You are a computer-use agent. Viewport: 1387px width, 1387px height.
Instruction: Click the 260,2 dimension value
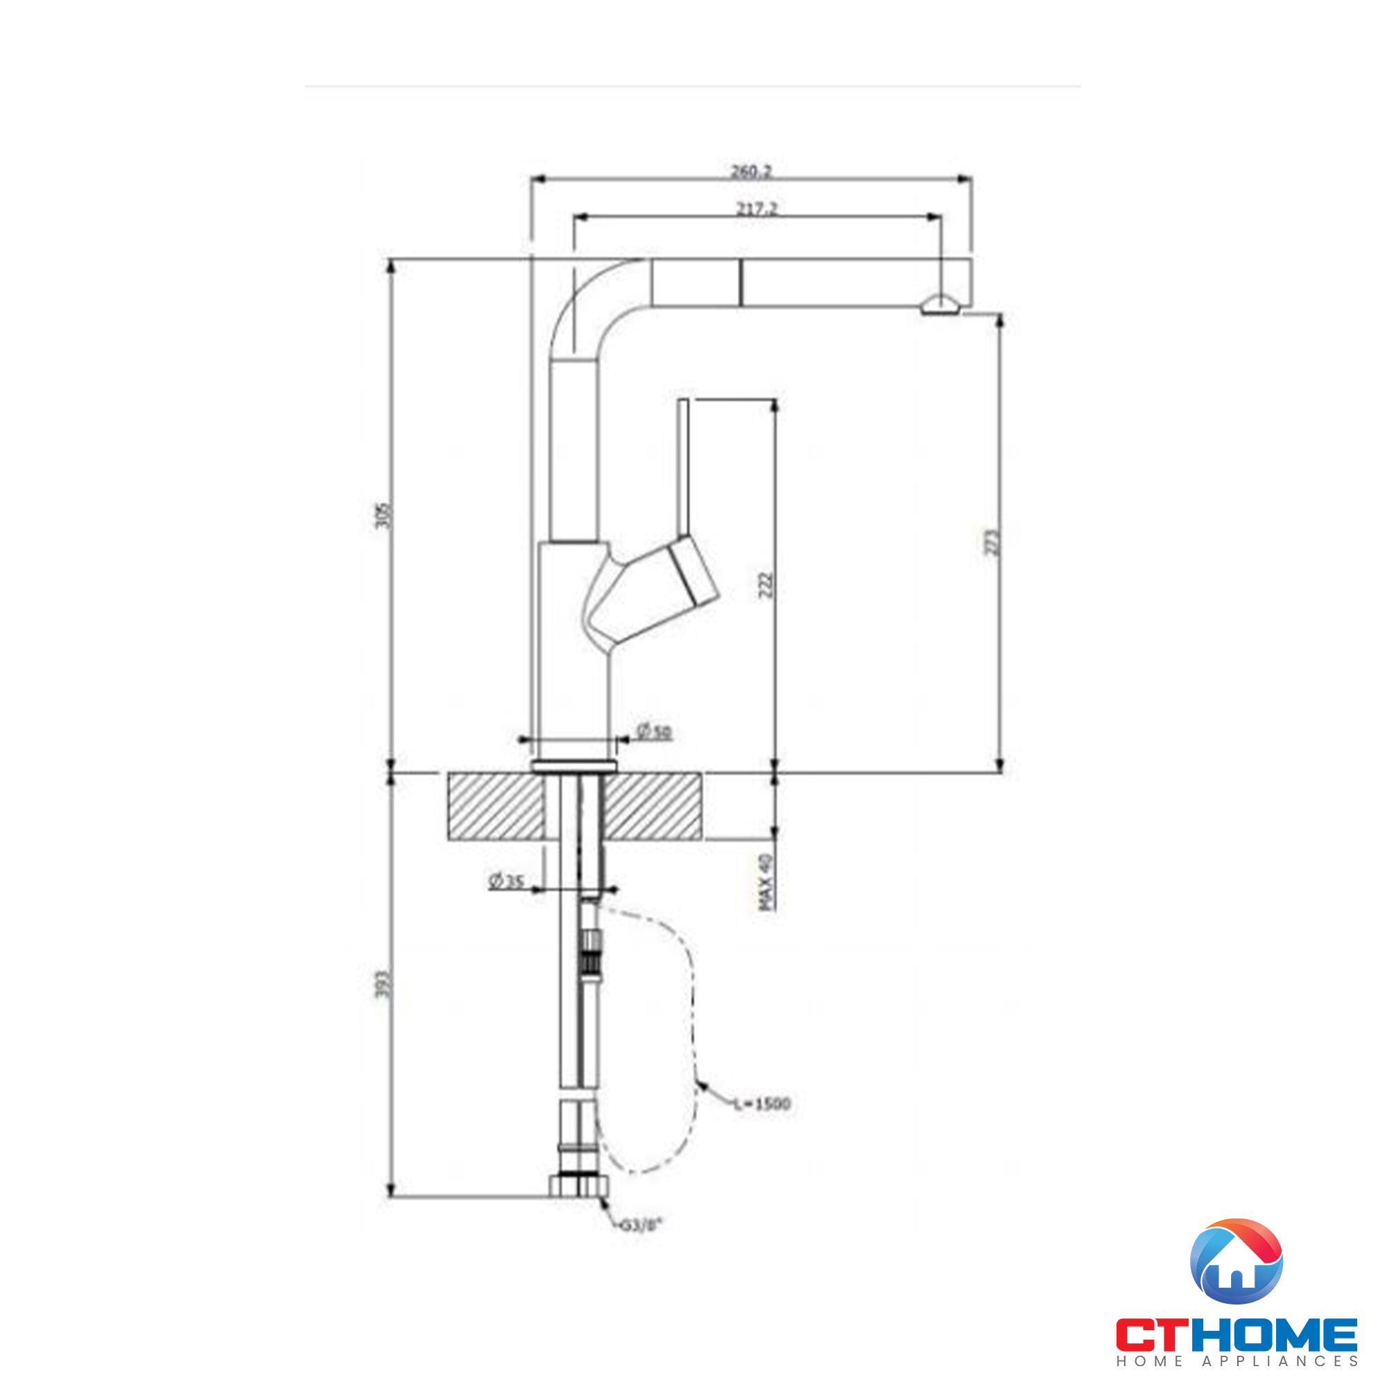750,171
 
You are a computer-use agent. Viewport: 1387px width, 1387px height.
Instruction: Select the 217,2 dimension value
757,209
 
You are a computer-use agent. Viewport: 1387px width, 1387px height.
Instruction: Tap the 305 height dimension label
386,515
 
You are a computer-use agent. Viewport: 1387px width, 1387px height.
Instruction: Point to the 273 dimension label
992,542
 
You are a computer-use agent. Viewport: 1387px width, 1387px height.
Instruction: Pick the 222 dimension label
766,585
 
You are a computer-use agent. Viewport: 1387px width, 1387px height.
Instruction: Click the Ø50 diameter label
653,732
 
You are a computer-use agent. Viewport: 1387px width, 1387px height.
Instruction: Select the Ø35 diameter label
506,881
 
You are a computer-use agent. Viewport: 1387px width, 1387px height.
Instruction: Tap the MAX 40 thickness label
767,882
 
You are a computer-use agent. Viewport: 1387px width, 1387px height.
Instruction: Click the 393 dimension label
384,983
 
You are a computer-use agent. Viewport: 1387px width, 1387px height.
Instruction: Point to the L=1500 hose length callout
761,1103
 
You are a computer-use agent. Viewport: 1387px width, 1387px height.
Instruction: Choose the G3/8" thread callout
640,1225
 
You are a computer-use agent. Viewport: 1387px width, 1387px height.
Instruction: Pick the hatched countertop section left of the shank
495,807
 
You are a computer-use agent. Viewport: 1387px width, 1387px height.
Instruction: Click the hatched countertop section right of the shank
652,807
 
